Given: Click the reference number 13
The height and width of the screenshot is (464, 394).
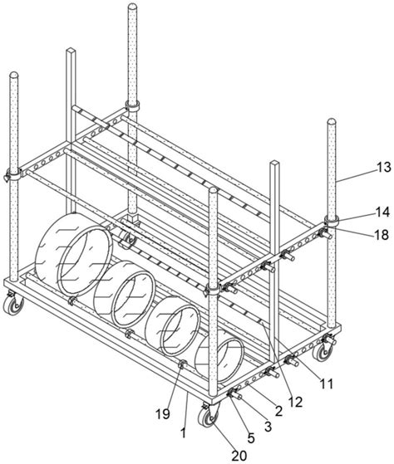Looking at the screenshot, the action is coord(384,168).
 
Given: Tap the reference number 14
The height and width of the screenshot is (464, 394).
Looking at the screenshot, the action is coord(382,212).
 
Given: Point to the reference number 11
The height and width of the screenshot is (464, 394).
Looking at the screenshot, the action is coord(326,384).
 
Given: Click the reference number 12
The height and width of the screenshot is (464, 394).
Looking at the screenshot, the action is coord(295,402).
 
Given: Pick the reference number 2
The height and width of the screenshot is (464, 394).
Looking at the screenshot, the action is coord(278,411).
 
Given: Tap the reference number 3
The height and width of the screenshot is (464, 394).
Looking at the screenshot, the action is coord(268,427).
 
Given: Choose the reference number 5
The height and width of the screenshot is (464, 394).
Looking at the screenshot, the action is coord(251,438).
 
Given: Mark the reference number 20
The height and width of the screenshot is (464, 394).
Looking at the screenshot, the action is coord(239,456).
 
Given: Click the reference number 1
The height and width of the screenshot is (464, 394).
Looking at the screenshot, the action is coord(184,433).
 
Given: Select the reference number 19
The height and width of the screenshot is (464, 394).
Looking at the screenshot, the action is coord(163,414).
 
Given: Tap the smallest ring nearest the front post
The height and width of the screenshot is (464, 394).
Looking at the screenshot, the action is coord(219,357).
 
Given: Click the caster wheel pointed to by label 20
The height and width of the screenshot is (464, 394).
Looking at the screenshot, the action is coord(209,418).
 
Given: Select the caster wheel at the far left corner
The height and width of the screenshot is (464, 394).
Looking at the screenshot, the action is coord(12,305).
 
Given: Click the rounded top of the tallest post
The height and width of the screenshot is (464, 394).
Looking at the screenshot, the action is coord(132,7).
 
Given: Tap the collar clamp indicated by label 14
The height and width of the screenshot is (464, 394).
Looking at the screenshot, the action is coord(331,221).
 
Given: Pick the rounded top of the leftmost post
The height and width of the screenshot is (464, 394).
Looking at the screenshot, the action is coord(13,75).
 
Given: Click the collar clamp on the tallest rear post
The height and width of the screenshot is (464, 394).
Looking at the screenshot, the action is coord(132,105).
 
